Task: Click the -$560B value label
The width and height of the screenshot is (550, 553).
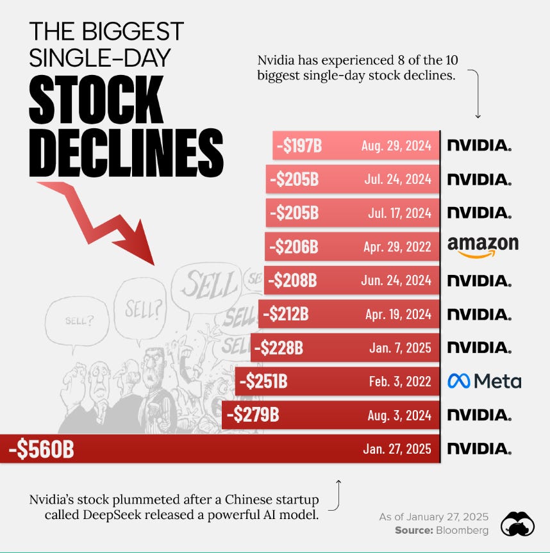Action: point(42,449)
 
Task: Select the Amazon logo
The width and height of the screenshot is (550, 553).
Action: point(483,247)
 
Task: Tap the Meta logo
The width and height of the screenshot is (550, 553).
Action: point(484,381)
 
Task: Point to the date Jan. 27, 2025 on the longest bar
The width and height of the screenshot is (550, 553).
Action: point(397,449)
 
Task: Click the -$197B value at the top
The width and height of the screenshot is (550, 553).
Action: point(299,145)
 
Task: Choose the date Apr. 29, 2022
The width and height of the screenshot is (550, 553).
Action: point(397,246)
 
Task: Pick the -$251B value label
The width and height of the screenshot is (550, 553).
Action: point(263,381)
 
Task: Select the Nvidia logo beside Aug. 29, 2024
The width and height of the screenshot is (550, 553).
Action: point(479,145)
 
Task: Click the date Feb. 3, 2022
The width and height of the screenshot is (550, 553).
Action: point(400,381)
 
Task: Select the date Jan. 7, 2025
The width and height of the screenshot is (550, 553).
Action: point(401,348)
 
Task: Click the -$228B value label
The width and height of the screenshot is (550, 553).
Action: point(279,348)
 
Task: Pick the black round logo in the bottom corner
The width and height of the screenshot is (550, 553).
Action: point(518,524)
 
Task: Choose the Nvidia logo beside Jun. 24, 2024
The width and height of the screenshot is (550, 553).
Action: point(479,280)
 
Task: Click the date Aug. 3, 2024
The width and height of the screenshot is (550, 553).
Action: point(400,415)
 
